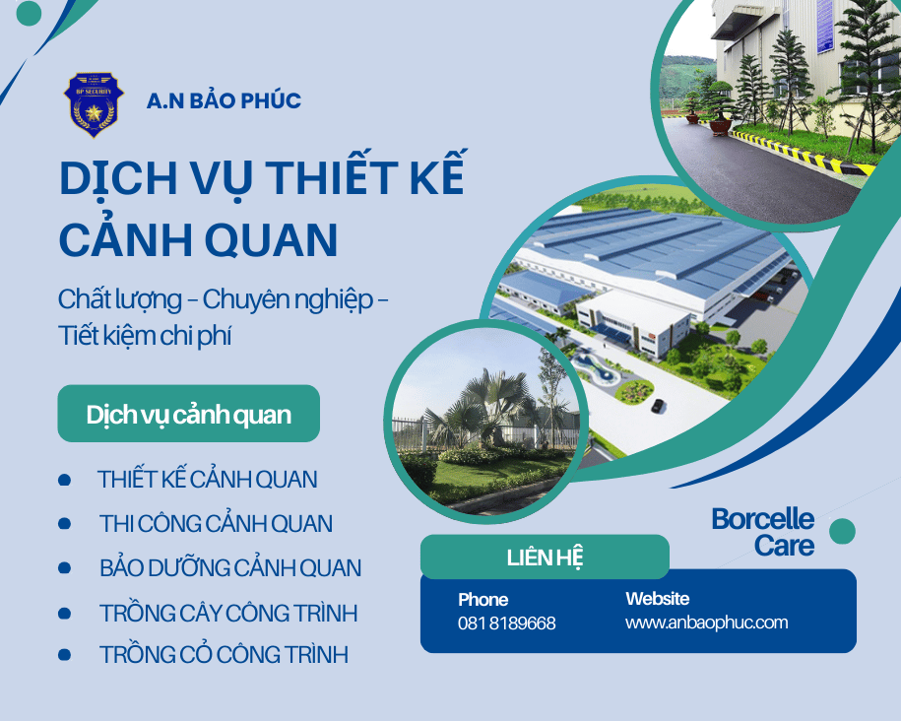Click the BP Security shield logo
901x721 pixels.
click(94, 102)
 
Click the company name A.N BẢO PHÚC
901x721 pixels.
click(224, 100)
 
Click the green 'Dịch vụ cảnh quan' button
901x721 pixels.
click(188, 414)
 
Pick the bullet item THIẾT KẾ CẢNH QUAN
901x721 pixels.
click(207, 480)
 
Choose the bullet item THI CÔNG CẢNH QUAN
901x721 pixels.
click(216, 524)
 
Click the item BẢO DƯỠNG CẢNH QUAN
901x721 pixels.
click(230, 568)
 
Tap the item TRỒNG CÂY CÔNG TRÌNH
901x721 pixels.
click(228, 614)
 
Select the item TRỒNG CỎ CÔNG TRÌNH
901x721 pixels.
click(224, 655)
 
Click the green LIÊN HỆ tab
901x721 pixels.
click(545, 557)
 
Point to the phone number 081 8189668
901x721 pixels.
click(506, 623)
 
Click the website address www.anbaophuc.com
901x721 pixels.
click(706, 623)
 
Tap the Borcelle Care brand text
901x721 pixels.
click(763, 532)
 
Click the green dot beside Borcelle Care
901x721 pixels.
click(842, 532)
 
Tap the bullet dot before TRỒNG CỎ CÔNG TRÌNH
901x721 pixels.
click(64, 654)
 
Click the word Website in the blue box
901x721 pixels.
click(657, 599)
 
